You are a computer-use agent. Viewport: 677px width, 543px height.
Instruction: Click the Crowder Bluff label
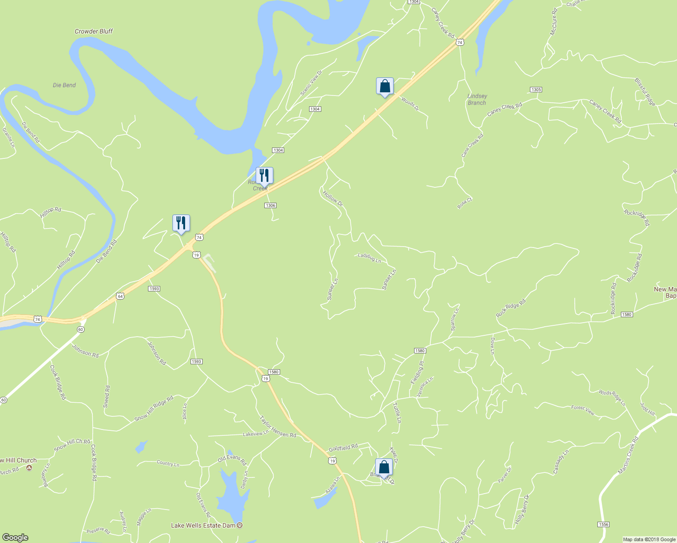tap(93, 31)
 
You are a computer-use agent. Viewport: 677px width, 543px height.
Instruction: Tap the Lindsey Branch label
tap(477, 99)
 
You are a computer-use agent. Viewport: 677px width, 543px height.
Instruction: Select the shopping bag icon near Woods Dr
tap(384, 86)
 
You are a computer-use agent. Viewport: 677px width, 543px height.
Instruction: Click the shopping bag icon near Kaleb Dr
tap(384, 467)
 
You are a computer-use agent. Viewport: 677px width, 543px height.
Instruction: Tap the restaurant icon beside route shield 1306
tap(264, 176)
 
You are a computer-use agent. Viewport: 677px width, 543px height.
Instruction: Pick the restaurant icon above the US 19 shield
tap(181, 223)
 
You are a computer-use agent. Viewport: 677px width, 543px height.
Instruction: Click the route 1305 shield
tap(536, 90)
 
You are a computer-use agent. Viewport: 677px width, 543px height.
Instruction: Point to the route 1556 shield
tap(603, 524)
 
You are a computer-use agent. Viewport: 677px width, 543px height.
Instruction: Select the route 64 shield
tap(119, 296)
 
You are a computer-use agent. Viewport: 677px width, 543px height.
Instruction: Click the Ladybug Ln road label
tap(369, 258)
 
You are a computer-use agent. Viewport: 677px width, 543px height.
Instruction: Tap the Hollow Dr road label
tap(333, 199)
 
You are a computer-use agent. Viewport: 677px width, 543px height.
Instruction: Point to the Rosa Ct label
tap(465, 203)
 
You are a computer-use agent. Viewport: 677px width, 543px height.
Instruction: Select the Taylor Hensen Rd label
tap(277, 426)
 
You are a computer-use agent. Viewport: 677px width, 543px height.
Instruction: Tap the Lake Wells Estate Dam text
tap(203, 525)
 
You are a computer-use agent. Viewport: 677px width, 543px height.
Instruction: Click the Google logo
tap(15, 537)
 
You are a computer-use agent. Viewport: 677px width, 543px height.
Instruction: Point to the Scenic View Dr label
tap(311, 83)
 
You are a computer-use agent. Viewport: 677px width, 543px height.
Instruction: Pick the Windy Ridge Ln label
tap(612, 398)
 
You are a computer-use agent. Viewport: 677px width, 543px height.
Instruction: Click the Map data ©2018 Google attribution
tap(649, 539)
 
